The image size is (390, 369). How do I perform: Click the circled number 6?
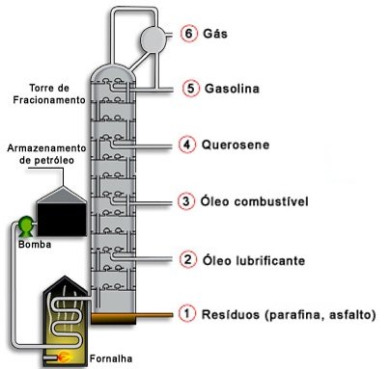pyautogui.click(x=189, y=34)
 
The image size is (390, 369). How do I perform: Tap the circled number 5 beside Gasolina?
pyautogui.click(x=191, y=88)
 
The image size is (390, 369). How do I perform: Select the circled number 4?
pyautogui.click(x=187, y=145)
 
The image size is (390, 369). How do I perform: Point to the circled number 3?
pyautogui.click(x=186, y=201)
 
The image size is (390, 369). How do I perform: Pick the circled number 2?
pyautogui.click(x=188, y=259)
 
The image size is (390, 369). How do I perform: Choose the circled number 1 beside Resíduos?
pyautogui.click(x=187, y=313)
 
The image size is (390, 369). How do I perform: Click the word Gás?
pyautogui.click(x=215, y=33)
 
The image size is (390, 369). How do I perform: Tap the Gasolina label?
pyautogui.click(x=232, y=89)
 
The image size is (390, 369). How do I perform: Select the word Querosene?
pyautogui.click(x=236, y=145)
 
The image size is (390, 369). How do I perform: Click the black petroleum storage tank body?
pyautogui.click(x=62, y=220)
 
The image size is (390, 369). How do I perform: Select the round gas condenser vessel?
pyautogui.click(x=153, y=40)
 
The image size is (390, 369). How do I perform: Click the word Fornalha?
pyautogui.click(x=111, y=358)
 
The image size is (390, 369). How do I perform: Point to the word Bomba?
pyautogui.click(x=35, y=245)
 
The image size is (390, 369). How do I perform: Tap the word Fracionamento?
pyautogui.click(x=49, y=100)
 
